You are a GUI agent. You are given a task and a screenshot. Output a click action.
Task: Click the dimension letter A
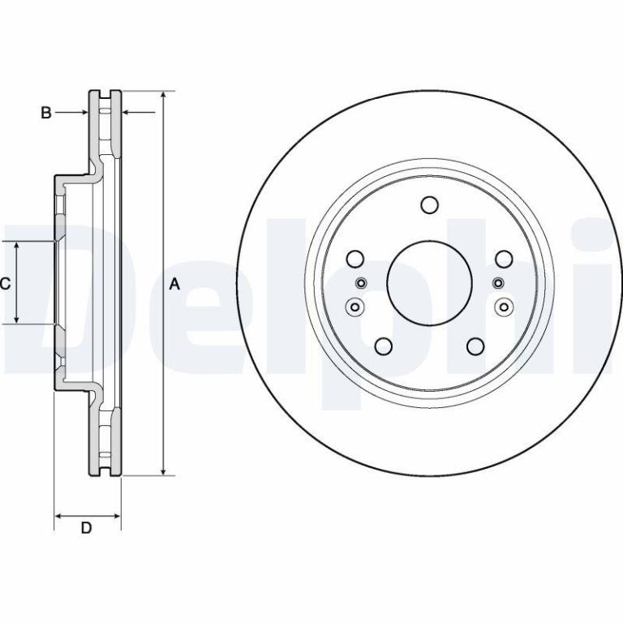pyautogui.click(x=174, y=284)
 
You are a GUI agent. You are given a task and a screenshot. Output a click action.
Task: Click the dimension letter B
pyautogui.click(x=46, y=113)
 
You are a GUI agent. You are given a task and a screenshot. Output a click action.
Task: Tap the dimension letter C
pyautogui.click(x=5, y=283)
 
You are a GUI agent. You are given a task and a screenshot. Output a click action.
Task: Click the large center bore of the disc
pyautogui.click(x=429, y=283)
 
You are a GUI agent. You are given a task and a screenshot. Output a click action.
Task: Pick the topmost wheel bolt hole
pyautogui.click(x=429, y=205)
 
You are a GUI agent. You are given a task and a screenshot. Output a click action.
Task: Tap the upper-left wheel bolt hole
pyautogui.click(x=355, y=259)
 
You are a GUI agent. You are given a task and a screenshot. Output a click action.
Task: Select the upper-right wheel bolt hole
pyautogui.click(x=504, y=259)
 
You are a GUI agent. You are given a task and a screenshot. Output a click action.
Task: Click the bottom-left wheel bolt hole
pyautogui.click(x=384, y=346)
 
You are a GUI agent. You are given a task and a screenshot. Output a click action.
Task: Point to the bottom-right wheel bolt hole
pyautogui.click(x=475, y=346)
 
